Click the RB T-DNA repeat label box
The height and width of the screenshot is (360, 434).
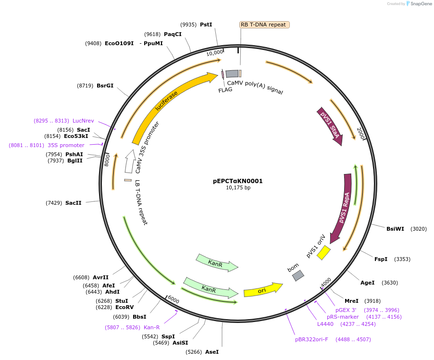pyautogui.click(x=264, y=25)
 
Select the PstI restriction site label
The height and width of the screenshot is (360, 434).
pyautogui.click(x=206, y=25)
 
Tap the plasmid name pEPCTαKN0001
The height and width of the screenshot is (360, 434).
pyautogui.click(x=238, y=181)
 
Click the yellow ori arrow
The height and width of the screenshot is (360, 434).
pyautogui.click(x=262, y=290)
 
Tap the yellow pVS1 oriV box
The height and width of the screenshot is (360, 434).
pyautogui.click(x=323, y=252)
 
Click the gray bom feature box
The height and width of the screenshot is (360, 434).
pyautogui.click(x=298, y=275)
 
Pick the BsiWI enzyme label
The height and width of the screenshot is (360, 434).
pyautogui.click(x=395, y=229)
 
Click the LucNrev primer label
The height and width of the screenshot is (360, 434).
pyautogui.click(x=83, y=121)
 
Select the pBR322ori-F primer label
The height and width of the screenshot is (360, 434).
pyautogui.click(x=311, y=339)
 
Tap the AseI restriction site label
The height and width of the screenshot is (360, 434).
pyautogui.click(x=211, y=352)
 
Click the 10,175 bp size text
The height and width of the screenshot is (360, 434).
pyautogui.click(x=238, y=188)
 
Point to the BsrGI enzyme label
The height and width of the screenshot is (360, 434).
pyautogui.click(x=105, y=86)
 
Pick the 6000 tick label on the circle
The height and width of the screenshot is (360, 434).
pyautogui.click(x=173, y=299)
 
